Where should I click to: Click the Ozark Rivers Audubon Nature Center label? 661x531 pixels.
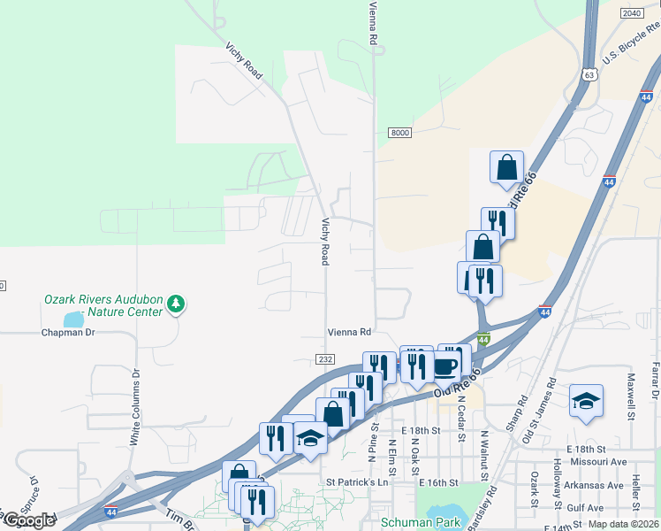[103, 305]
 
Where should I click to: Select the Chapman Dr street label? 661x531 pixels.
[67, 333]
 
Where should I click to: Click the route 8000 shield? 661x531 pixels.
[399, 133]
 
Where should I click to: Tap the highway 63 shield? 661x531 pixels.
[589, 75]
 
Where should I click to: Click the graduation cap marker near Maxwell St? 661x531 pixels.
[586, 401]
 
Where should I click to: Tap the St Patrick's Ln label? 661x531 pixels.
[357, 482]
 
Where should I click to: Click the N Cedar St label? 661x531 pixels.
[460, 412]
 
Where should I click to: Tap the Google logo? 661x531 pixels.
[28, 520]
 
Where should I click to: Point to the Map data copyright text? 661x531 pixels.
[624, 524]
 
